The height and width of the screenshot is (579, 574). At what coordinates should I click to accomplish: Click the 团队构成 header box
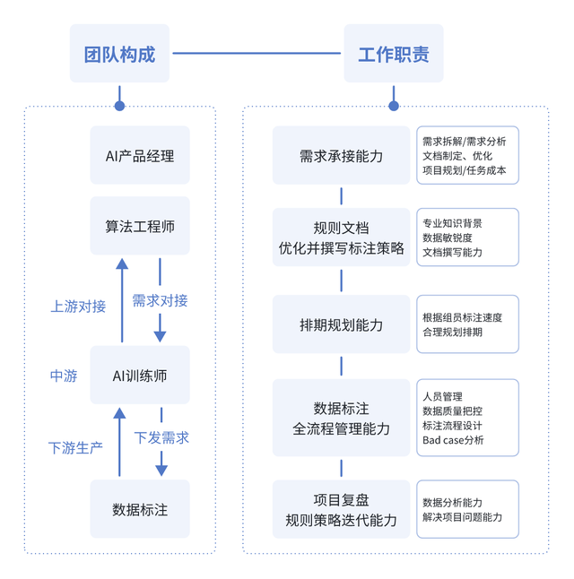pos(119,54)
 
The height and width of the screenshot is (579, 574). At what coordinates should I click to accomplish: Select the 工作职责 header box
pos(394,54)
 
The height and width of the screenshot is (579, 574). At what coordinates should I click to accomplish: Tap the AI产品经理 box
pos(140,155)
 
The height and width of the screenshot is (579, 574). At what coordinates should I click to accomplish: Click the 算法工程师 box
pos(140,226)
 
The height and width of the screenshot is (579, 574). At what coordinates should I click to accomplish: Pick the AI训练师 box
pos(140,376)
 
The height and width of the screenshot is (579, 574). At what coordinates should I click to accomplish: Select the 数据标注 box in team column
pos(140,509)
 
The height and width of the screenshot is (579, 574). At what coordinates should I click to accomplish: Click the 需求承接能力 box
pos(341,155)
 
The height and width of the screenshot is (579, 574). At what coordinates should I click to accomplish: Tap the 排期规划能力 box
pos(341,324)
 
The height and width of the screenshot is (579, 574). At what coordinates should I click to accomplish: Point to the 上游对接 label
pos(78,306)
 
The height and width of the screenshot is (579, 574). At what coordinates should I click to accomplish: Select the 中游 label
pos(64,376)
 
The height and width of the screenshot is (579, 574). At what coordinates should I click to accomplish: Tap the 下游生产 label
pos(75,447)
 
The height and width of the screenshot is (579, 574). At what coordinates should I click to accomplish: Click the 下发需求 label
pos(161,438)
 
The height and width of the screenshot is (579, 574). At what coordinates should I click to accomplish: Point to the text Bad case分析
pos(453,440)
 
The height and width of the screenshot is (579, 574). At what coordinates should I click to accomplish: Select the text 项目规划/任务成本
pos(464,169)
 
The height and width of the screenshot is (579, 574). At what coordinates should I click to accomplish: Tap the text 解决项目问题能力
pos(462,517)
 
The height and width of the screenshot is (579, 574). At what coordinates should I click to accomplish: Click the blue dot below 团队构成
pos(119,106)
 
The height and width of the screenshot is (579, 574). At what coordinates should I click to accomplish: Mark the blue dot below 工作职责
pos(394,106)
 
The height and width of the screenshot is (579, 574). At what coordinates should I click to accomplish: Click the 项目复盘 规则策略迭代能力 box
pos(341,509)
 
